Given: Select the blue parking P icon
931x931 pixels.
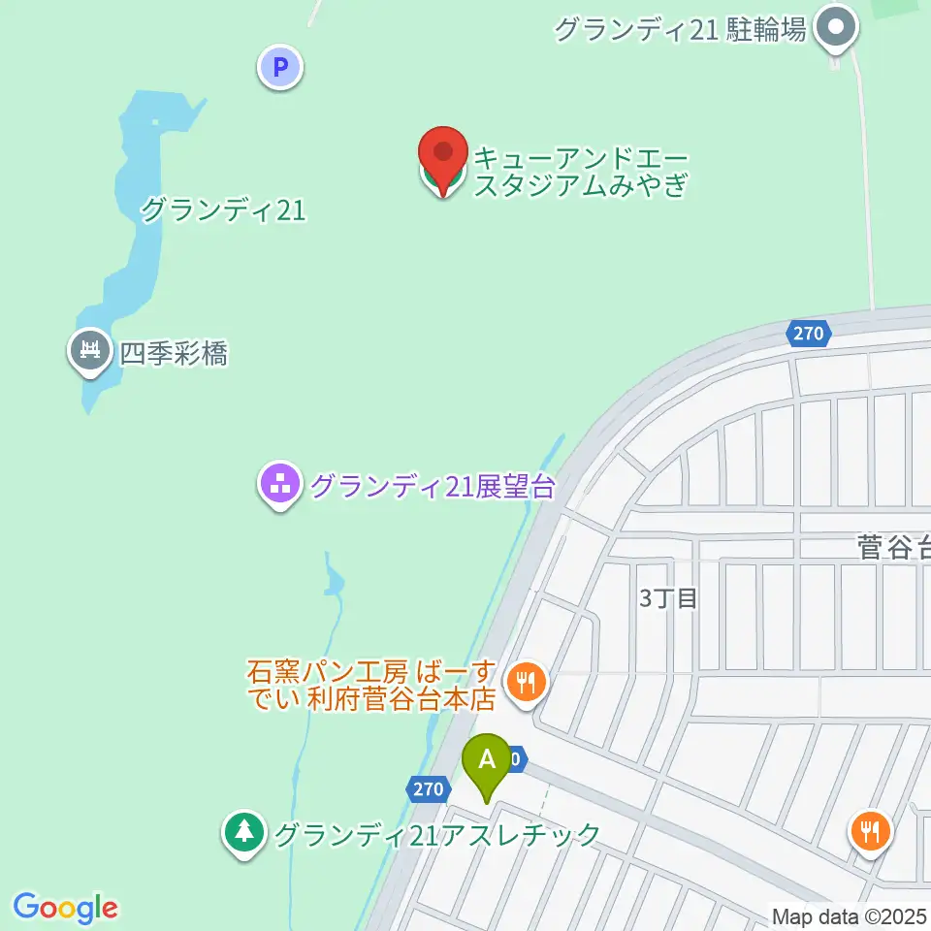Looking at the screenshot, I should (280, 68).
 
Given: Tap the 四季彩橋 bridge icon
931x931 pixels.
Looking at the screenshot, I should (92, 350).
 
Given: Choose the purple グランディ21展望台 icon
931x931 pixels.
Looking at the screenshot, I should (281, 484).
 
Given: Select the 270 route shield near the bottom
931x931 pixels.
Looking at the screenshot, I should (426, 788).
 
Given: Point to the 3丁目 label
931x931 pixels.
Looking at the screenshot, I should (668, 598).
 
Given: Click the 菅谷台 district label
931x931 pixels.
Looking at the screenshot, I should (893, 549).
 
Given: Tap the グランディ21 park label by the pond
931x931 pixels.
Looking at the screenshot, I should (223, 209).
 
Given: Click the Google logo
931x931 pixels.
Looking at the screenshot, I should (65, 907).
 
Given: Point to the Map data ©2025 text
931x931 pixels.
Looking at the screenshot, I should (850, 915).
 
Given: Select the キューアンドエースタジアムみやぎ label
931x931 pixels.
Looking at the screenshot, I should (580, 172).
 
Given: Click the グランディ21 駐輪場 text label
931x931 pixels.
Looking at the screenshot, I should (680, 30).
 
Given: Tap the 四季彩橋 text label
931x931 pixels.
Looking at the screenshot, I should (174, 354).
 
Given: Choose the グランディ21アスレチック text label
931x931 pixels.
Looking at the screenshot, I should (437, 834).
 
